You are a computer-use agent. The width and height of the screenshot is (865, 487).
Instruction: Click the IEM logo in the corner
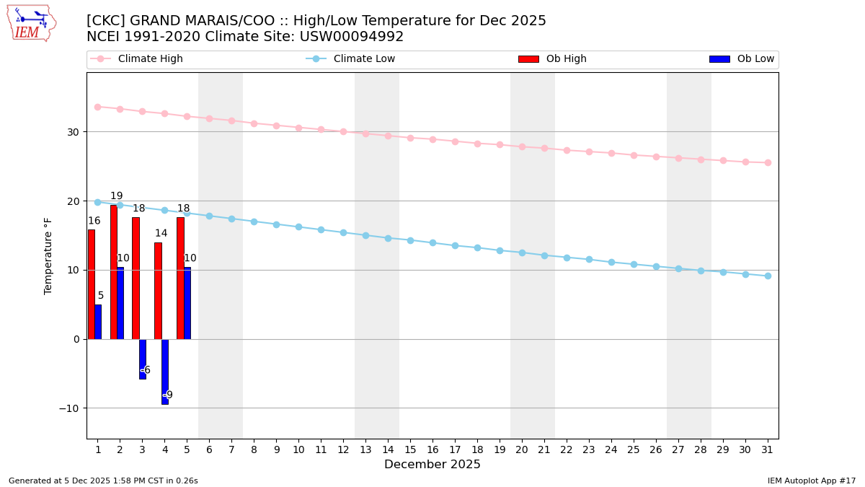tap(31, 23)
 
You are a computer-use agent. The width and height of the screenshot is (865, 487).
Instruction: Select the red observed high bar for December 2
tap(113, 272)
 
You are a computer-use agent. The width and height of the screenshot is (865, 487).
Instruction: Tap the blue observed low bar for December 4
tap(165, 372)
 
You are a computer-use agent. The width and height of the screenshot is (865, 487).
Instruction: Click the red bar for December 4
tap(158, 291)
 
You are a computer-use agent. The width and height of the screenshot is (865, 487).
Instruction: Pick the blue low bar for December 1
tap(98, 322)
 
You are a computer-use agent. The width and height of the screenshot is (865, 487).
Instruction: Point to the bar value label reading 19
tap(116, 196)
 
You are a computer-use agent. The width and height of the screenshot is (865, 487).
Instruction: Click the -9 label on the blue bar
tap(167, 395)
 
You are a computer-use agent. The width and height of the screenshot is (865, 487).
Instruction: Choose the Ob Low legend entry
tap(742, 59)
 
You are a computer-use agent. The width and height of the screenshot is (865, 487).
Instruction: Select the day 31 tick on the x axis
tap(768, 449)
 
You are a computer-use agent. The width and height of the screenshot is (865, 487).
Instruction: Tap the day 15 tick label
tap(410, 449)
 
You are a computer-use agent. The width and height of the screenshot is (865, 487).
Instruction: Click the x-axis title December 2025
tap(432, 465)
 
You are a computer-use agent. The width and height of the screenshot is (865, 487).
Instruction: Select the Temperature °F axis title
tap(49, 255)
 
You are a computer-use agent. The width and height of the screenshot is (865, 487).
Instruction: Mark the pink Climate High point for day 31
tap(768, 162)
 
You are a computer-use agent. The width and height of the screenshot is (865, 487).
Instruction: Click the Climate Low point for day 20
tap(522, 253)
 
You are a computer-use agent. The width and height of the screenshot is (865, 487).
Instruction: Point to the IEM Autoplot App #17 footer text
tap(812, 481)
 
